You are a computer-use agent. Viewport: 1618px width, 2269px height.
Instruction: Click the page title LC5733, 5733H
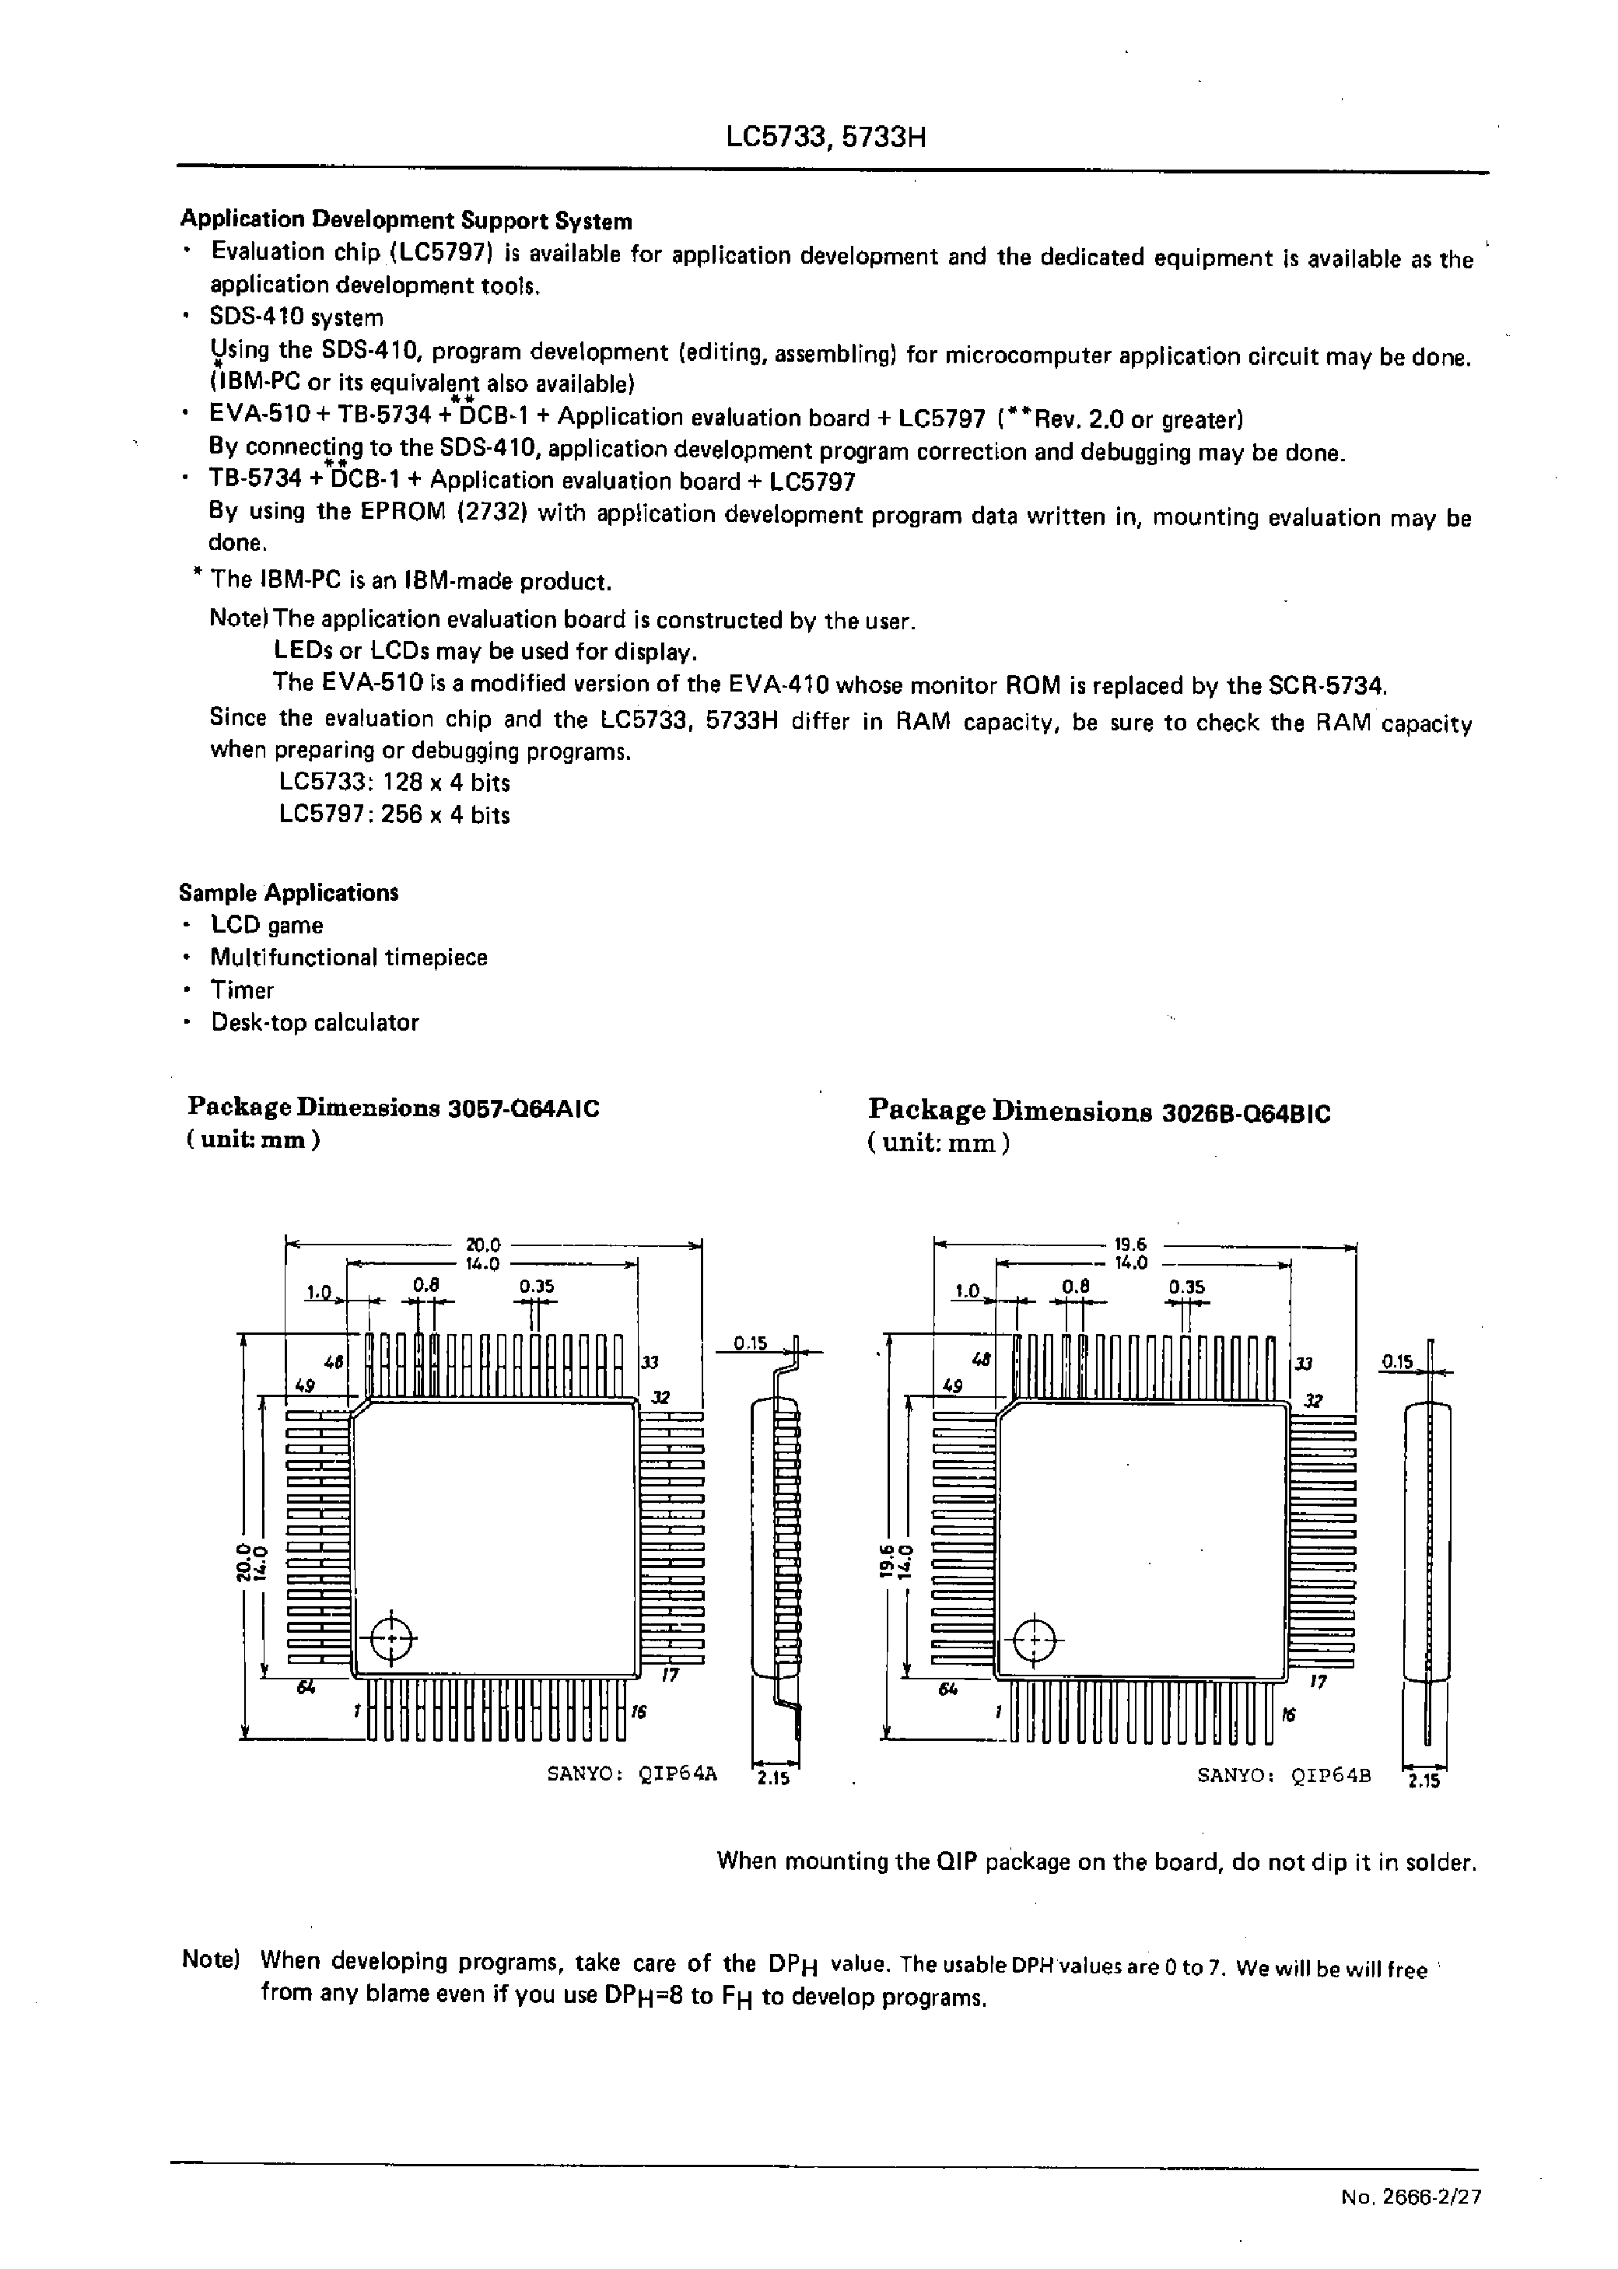826,136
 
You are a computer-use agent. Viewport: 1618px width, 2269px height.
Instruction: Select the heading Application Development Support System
405,220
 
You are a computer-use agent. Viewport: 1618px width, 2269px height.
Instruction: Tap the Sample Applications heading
288,892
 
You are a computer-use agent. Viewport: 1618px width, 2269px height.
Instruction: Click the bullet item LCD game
266,926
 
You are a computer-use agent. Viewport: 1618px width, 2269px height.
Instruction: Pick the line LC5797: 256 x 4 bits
394,814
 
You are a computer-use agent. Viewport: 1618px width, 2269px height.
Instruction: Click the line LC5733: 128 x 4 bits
394,783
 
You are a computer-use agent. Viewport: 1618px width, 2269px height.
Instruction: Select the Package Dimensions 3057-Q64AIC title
394,1108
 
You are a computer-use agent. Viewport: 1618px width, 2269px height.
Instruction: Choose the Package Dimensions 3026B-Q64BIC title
1099,1111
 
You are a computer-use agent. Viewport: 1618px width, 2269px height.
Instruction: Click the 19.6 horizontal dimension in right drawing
1131,1244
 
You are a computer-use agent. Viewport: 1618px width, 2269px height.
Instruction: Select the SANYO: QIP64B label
1284,1774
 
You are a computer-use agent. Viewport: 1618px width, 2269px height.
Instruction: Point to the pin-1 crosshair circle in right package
1037,1637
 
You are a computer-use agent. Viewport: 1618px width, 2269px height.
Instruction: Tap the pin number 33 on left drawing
652,1361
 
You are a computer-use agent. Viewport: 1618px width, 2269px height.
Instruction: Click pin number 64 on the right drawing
947,1689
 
